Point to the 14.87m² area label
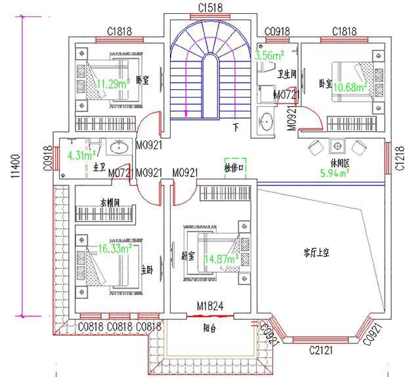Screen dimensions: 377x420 tap(222, 259)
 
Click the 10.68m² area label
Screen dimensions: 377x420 tap(349, 87)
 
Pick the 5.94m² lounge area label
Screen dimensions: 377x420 tap(334, 174)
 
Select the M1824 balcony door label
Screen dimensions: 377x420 tap(211, 306)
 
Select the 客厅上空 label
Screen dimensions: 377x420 tap(318, 252)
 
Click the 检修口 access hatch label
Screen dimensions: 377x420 tap(234, 168)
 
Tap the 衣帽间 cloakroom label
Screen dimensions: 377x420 tap(110, 203)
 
